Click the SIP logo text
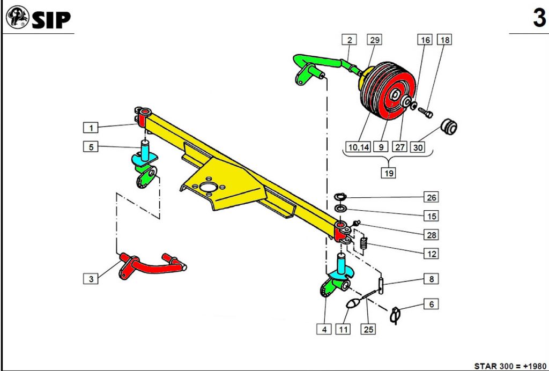coord(51,20)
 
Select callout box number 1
coord(91,128)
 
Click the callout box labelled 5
coord(91,146)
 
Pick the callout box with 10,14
coord(358,147)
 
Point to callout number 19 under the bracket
coord(388,173)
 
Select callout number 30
coord(418,147)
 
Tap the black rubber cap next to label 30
coord(448,127)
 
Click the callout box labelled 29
coord(374,40)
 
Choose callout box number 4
coord(324,330)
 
